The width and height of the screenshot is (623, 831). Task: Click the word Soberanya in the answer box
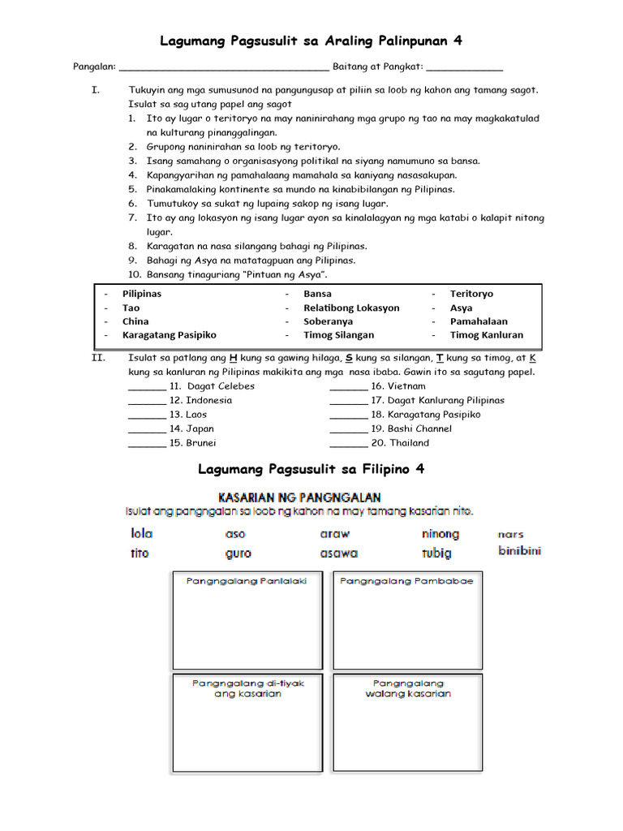(x=329, y=321)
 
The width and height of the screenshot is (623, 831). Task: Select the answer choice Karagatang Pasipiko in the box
(x=169, y=334)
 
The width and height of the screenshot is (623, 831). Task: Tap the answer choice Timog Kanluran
(x=487, y=334)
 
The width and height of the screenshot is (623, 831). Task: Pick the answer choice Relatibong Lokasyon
(x=351, y=308)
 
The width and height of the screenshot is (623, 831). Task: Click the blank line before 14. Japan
(x=147, y=429)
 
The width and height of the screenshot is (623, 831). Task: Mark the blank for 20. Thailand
(x=348, y=444)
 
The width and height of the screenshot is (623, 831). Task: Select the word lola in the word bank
(x=142, y=534)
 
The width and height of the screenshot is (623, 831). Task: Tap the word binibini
(x=519, y=551)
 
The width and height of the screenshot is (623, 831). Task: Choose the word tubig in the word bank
(x=436, y=553)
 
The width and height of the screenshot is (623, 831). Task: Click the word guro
(x=238, y=553)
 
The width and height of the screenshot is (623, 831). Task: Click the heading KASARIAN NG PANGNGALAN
(x=298, y=497)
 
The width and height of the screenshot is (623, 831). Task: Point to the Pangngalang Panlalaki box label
(x=247, y=581)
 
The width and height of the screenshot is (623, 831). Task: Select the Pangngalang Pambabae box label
(x=406, y=581)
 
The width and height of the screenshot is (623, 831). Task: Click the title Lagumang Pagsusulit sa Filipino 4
(x=311, y=469)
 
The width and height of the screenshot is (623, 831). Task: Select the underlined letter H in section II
(x=234, y=358)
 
